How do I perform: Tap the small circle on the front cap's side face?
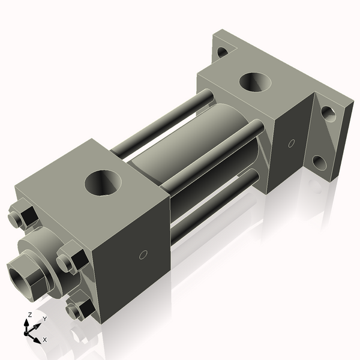pyautogui.click(x=143, y=254)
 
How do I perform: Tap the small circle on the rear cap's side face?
pyautogui.click(x=292, y=143)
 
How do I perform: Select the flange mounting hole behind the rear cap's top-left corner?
pyautogui.click(x=222, y=52)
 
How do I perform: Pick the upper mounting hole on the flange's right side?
pyautogui.click(x=328, y=112)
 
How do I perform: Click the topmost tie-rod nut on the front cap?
pyautogui.click(x=22, y=217)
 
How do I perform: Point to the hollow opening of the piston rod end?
pyautogui.click(x=23, y=275)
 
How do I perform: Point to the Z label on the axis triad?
pyautogui.click(x=29, y=315)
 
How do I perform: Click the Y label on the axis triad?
pyautogui.click(x=44, y=319)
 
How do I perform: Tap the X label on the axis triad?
pyautogui.click(x=44, y=340)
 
